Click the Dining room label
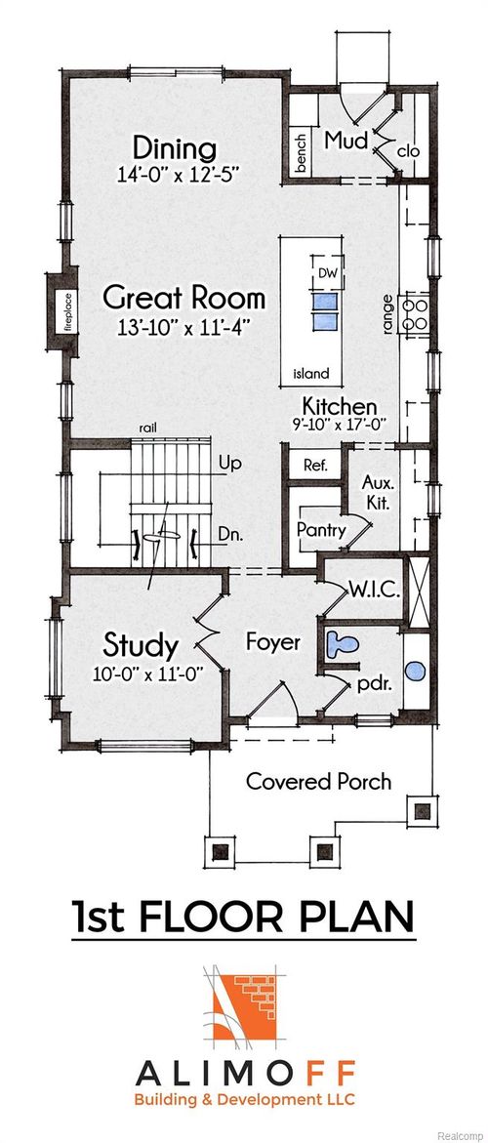[x=175, y=149]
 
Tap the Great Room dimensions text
[x=183, y=327]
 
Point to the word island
[x=311, y=373]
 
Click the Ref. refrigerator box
[x=314, y=465]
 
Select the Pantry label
[x=318, y=528]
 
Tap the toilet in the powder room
[x=343, y=644]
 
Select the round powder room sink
[x=415, y=672]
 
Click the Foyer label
[x=272, y=643]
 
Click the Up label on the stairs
[x=230, y=462]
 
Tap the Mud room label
[x=346, y=140]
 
